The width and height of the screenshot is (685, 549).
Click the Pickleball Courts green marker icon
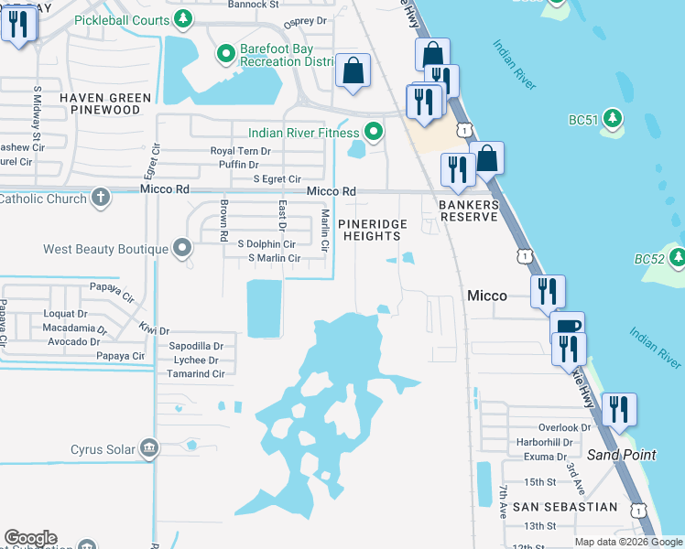point(183,17)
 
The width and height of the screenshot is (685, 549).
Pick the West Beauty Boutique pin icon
point(182,248)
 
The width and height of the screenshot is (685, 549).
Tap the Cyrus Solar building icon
point(147,448)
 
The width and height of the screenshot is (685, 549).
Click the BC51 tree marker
point(614,118)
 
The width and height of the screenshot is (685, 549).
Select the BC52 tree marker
point(677,259)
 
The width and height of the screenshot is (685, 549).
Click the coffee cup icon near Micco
point(567,327)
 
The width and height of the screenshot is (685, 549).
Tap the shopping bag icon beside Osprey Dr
point(353,70)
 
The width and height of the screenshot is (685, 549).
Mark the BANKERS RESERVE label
point(468,210)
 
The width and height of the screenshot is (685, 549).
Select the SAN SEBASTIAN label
point(551,506)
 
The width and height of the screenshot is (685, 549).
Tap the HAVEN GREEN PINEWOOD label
point(100,103)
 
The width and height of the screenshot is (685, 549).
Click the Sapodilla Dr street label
point(197,347)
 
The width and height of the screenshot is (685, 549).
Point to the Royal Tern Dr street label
point(241,150)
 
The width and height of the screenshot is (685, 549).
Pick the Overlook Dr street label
point(565,427)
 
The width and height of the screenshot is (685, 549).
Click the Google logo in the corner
point(30,538)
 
